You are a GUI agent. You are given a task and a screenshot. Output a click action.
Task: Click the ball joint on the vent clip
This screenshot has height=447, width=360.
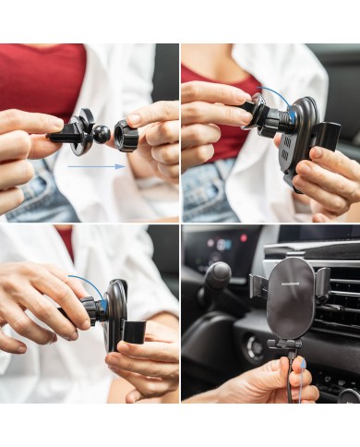102,135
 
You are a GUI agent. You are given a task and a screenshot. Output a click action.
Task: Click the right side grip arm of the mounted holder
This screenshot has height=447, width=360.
323,282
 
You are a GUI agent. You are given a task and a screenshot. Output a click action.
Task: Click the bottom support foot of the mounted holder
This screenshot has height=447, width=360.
286,344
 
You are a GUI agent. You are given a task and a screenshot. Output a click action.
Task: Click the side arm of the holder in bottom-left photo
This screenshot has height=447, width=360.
132,333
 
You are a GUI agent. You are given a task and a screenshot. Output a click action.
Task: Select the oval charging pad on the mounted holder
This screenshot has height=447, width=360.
290,296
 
